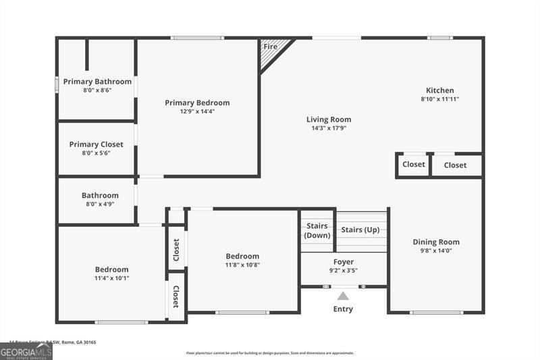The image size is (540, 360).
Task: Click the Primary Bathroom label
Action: click(x=97, y=82)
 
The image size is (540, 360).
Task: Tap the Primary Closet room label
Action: click(x=96, y=144)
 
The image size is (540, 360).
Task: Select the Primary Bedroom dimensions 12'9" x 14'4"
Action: click(x=197, y=111)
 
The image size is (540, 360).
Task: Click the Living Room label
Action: click(x=329, y=120)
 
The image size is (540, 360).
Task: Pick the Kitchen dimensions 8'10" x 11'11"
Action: click(x=439, y=99)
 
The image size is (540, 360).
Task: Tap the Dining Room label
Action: click(x=435, y=242)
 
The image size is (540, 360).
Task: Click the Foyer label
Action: click(x=344, y=262)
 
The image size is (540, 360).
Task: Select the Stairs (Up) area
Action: click(x=360, y=230)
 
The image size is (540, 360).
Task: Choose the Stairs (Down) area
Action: click(x=317, y=230)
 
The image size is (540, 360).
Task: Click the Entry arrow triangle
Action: click(x=343, y=296)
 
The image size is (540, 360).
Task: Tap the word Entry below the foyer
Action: click(x=343, y=309)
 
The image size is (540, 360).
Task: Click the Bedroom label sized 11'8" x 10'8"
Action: click(x=242, y=256)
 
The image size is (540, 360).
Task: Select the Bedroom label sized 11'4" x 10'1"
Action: click(x=111, y=269)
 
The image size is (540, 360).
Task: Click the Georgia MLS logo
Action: click(x=26, y=351)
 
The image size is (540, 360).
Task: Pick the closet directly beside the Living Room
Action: click(x=414, y=164)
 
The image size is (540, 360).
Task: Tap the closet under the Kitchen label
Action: click(x=455, y=165)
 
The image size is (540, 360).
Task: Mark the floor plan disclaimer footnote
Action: click(x=270, y=353)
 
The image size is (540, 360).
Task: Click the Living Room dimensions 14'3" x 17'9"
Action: click(x=329, y=128)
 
